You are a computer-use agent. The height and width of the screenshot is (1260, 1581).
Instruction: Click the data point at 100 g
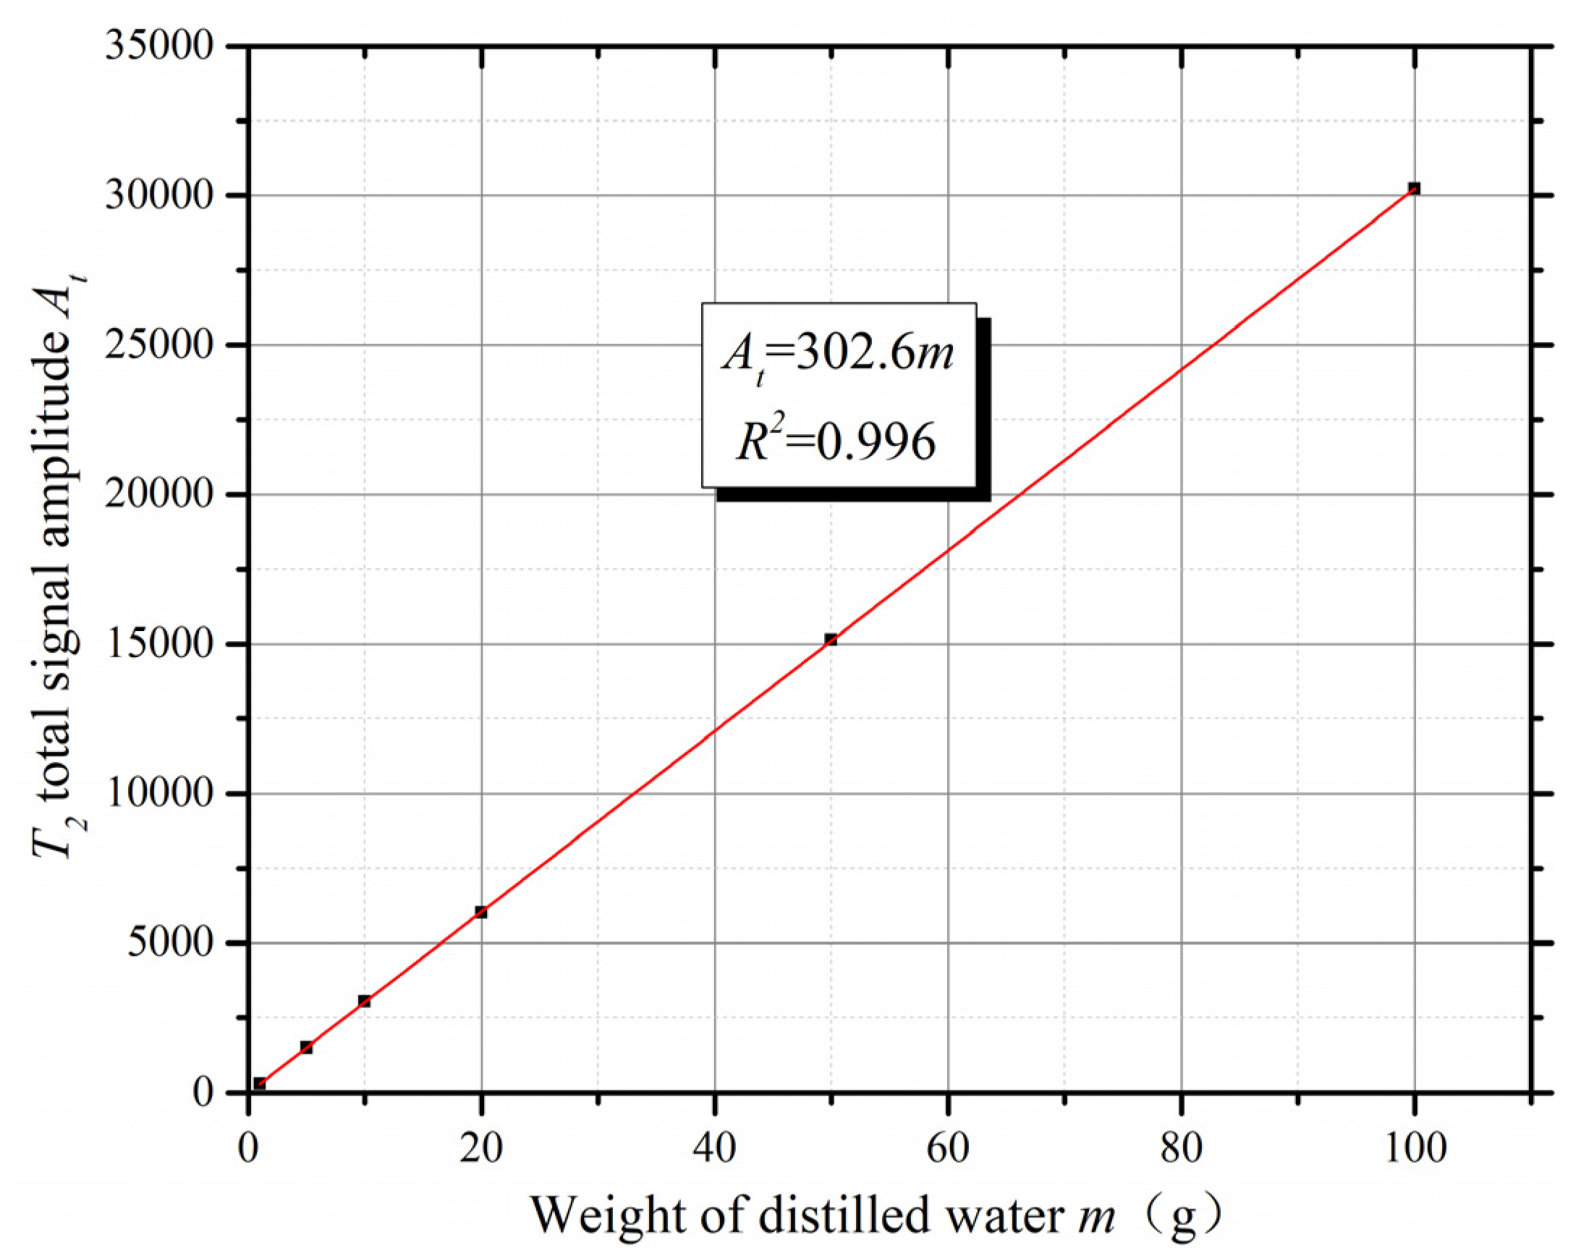1414,188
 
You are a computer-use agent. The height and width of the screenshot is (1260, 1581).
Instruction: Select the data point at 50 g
831,640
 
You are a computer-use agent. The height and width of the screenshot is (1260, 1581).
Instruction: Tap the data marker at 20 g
481,913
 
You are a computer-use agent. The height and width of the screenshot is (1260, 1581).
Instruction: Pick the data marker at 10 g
365,1001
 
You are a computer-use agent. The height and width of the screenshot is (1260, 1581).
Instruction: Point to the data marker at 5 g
307,1047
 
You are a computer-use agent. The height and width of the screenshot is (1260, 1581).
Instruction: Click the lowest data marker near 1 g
260,1084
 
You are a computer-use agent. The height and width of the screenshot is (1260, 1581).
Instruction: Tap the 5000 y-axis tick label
170,943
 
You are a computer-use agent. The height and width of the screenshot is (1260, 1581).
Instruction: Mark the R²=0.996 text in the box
836,442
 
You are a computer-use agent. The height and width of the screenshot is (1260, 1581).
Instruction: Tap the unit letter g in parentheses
1183,1217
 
